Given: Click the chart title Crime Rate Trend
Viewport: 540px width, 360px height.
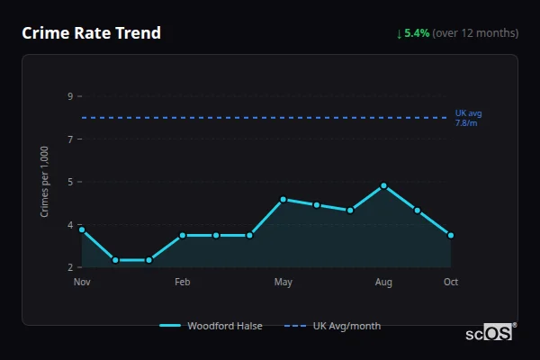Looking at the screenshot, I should point(91,33).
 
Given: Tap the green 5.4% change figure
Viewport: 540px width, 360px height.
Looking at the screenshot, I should point(417,33).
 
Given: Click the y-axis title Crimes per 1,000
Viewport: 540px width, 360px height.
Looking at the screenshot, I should point(45,181).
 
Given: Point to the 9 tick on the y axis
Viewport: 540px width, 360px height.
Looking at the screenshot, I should point(69,96).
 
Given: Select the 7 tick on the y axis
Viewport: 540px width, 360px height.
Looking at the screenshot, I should point(69,139).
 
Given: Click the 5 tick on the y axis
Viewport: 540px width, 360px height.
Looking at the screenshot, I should point(69,182).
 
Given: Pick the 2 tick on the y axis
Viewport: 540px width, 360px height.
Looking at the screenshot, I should point(69,267).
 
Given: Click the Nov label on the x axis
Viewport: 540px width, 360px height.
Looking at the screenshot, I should point(82,283).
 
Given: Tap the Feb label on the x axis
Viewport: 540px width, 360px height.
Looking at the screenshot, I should point(183,283).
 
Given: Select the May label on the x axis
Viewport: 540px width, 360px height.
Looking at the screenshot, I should point(283,283).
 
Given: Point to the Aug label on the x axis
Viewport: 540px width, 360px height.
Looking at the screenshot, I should point(383,283).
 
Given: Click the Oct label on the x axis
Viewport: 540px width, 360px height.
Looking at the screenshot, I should point(451,283).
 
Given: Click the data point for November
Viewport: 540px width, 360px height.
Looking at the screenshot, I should point(82,229).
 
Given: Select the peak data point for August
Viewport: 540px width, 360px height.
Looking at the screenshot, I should point(383,185).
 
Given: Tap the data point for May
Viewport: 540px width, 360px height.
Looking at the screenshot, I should point(283,200).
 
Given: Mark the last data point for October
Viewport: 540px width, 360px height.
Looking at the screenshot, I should point(451,236).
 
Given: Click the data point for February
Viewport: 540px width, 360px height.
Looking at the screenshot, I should point(183,236).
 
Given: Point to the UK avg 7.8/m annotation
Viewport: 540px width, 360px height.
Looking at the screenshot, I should point(468,117).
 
